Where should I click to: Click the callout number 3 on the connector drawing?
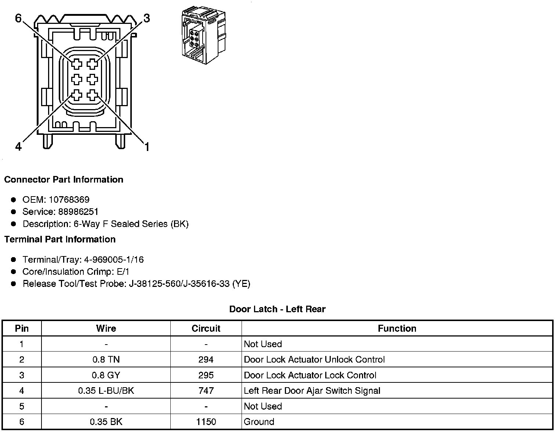[x=146, y=18]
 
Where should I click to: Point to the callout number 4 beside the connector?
[x=18, y=147]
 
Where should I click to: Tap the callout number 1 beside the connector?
[x=147, y=147]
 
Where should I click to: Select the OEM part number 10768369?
[x=69, y=199]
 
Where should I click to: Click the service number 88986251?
[x=78, y=212]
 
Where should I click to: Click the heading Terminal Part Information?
[x=60, y=239]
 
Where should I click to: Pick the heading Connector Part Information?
[x=64, y=179]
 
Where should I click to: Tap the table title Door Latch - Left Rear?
[x=277, y=309]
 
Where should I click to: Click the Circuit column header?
[x=206, y=328]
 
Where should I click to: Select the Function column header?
[x=397, y=328]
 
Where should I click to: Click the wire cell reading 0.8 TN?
[x=106, y=360]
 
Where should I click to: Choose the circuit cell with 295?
[x=206, y=375]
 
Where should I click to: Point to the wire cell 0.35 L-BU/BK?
[x=106, y=391]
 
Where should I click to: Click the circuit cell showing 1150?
[x=206, y=422]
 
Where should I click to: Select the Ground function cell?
[x=259, y=422]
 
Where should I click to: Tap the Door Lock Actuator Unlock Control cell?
[x=314, y=360]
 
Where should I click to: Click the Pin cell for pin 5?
[x=22, y=406]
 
